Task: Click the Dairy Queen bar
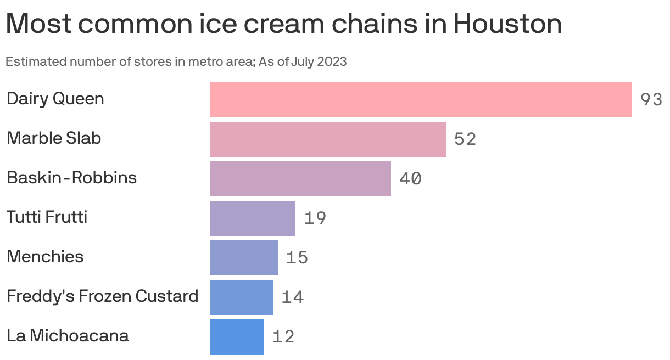click(420, 100)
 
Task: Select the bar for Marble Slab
click(327, 139)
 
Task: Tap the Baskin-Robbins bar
click(300, 179)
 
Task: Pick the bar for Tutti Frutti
click(252, 218)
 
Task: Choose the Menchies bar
click(243, 258)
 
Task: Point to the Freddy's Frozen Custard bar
click(241, 297)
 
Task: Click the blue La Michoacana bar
click(236, 337)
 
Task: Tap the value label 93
click(651, 100)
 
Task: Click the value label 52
click(465, 139)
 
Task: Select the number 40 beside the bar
click(410, 179)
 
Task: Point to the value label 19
click(315, 218)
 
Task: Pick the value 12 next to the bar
click(283, 337)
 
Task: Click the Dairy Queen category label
click(55, 99)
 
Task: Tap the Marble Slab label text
click(54, 138)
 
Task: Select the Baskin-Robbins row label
click(71, 178)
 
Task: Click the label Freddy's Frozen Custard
click(102, 296)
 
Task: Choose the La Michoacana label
click(68, 336)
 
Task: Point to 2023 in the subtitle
click(332, 61)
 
